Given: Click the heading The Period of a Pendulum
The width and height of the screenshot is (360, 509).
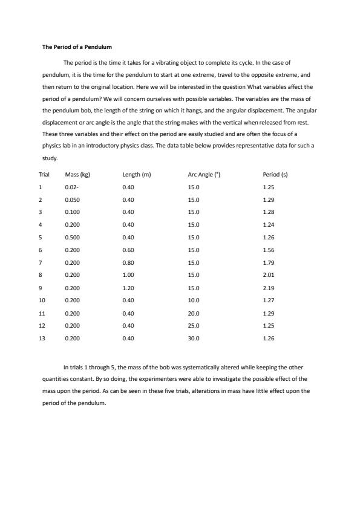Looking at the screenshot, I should pos(77,47).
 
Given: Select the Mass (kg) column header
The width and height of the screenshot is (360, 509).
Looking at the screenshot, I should pos(77,175).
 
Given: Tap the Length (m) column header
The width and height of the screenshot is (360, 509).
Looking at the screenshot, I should pos(136,175).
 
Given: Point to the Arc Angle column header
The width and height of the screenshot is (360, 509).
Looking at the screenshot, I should pos(204,175).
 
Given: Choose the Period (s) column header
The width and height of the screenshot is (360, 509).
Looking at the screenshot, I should pos(275,175).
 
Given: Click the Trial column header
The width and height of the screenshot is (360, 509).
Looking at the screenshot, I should pos(44,175).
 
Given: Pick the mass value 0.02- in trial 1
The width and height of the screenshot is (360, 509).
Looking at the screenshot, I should pos(71,187).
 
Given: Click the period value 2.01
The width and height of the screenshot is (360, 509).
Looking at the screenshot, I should pos(269,275).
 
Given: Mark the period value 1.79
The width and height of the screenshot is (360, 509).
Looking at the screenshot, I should pos(269,262).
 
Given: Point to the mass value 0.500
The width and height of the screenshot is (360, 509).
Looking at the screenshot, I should pos(73,238).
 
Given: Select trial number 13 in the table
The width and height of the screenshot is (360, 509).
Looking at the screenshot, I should pos(42,339).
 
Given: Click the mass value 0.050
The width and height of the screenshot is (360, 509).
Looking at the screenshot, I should pos(73,200).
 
